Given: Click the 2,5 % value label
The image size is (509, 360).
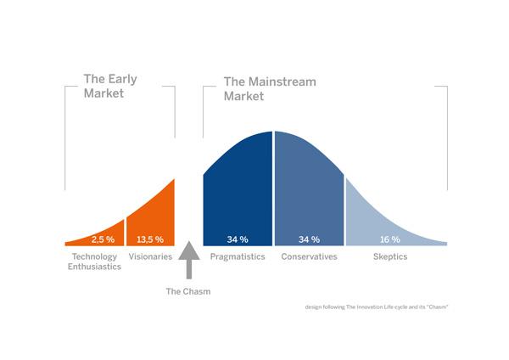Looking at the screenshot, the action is tap(103, 239).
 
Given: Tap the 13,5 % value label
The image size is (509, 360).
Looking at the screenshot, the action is tap(150, 239).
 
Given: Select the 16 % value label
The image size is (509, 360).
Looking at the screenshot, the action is tap(390, 239).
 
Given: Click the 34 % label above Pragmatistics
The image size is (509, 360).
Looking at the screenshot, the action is tap(238, 239).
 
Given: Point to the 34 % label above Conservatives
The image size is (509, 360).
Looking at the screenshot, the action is tap(309, 239).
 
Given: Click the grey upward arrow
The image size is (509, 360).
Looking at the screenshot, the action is tap(189, 260).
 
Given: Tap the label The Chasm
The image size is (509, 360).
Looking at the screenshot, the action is tap(188, 291).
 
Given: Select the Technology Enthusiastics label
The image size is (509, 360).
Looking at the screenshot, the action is tap(94, 262).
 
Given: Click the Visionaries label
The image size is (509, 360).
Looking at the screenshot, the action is tap(150, 256).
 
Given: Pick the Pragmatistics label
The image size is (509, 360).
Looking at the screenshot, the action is tap(238, 257).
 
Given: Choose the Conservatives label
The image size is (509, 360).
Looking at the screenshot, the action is tap(309, 256).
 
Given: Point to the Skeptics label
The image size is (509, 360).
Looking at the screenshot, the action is tap(390, 257).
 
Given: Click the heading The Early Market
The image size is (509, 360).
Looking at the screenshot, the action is tap(110, 86).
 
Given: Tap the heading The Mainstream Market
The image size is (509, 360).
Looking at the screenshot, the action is tap(270, 88).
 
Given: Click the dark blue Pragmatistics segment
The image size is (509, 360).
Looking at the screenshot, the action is tap(238, 195).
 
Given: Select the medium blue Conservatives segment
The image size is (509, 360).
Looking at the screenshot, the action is tap(309, 195).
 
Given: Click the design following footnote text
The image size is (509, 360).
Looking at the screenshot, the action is tap(377, 307).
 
